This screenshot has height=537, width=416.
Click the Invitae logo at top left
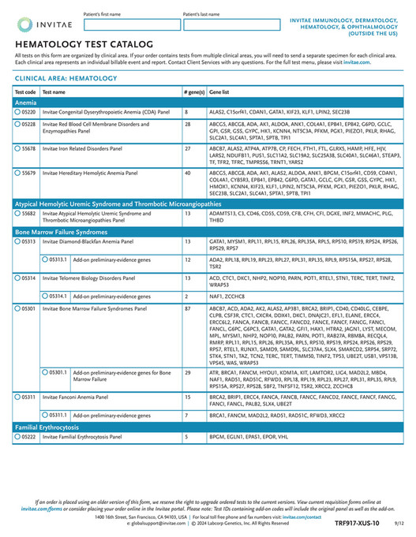point(39,23)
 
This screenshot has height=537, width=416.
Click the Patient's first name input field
point(130,24)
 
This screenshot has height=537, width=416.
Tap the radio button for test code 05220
point(17,113)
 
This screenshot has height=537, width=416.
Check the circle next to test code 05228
point(17,125)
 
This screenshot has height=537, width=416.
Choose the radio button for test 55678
point(17,147)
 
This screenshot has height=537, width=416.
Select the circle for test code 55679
point(17,171)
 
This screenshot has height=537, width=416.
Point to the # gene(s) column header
point(193,91)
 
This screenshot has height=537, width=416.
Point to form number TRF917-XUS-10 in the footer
point(357,523)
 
